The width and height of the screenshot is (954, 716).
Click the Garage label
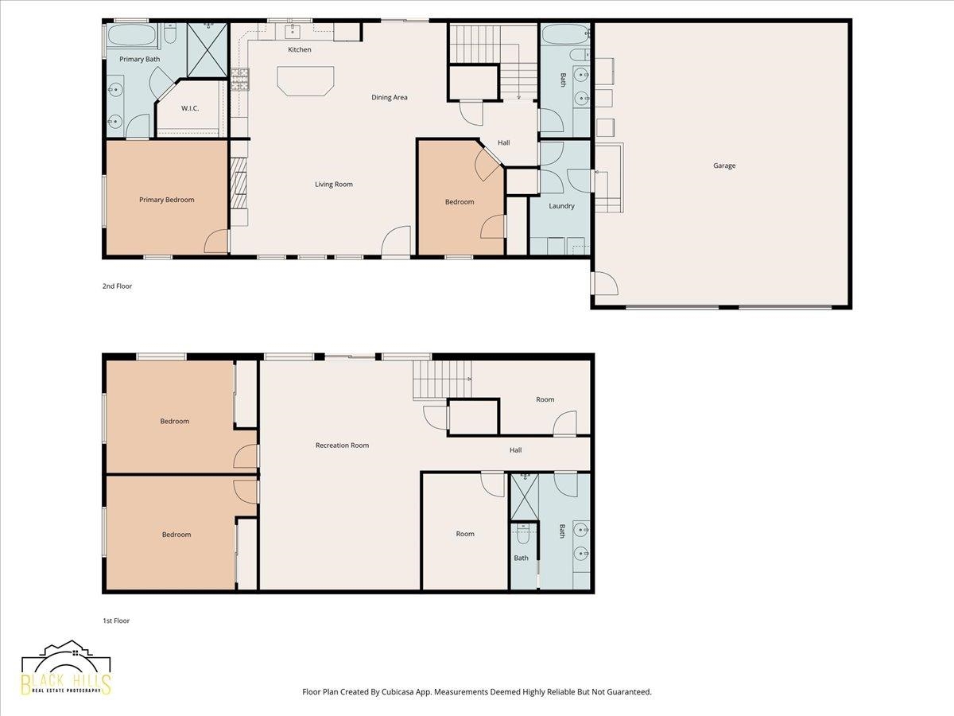[724, 165]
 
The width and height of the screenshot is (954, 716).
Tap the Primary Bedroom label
[166, 200]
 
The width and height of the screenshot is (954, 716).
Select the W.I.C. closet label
[190, 108]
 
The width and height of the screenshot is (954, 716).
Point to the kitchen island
[305, 80]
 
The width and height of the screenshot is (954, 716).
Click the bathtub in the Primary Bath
[131, 34]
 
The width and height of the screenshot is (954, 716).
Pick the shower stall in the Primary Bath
[207, 50]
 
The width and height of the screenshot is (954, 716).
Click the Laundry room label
[561, 205]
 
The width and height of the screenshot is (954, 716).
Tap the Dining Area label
[389, 97]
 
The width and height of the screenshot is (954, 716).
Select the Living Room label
[333, 185]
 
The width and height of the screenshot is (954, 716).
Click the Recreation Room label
[342, 446]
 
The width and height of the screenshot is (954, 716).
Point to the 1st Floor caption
[116, 621]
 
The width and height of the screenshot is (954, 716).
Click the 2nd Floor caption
[117, 286]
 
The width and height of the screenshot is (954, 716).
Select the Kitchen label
[300, 49]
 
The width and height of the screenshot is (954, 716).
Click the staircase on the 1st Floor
[442, 379]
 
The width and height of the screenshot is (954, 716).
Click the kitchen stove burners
[240, 79]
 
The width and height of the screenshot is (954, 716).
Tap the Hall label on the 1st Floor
[515, 450]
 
